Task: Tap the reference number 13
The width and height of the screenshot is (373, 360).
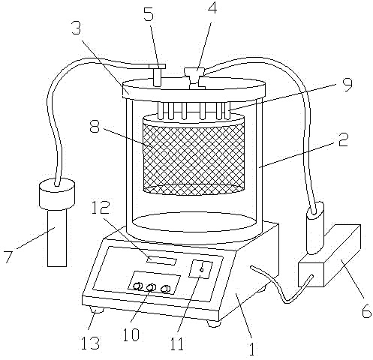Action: click(90, 343)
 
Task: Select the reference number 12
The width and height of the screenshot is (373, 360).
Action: click(100, 207)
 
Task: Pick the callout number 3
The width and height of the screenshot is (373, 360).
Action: click(76, 28)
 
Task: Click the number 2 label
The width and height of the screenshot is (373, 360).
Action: click(343, 139)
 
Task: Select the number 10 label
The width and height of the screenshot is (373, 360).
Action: click(131, 334)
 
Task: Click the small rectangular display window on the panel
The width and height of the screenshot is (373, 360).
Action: click(161, 260)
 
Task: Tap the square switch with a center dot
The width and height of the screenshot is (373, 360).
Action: click(200, 269)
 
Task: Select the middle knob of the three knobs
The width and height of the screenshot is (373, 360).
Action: click(151, 287)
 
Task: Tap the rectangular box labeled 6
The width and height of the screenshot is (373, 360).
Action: click(329, 256)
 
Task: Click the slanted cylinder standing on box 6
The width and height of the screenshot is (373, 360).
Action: click(315, 228)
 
